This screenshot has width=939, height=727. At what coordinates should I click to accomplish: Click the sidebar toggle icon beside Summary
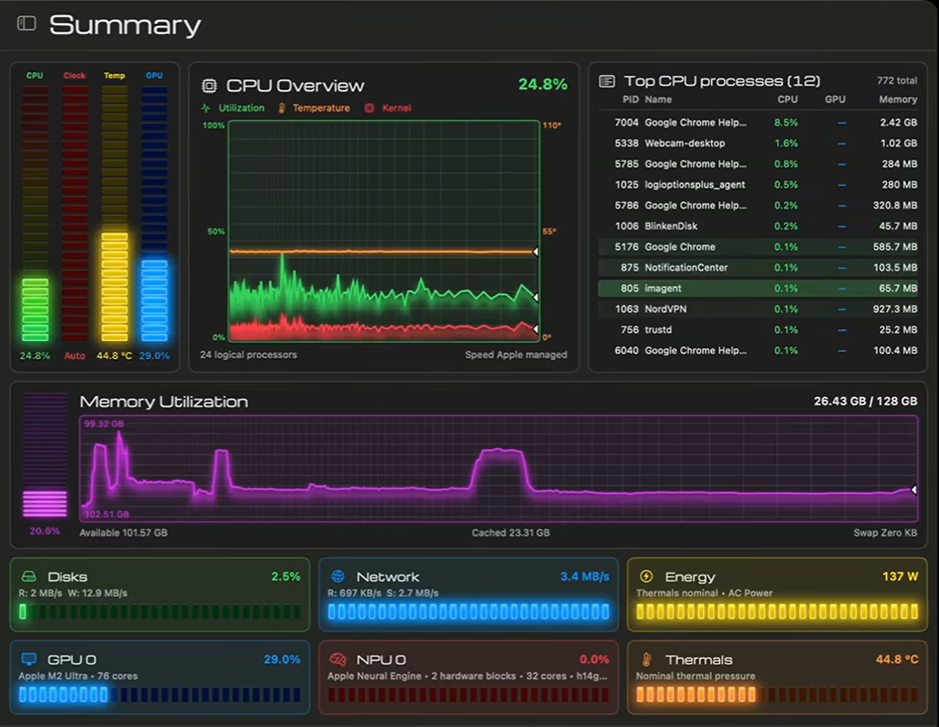(26, 23)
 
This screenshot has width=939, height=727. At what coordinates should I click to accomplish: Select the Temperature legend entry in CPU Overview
(315, 108)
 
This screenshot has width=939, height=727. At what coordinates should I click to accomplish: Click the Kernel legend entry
(388, 108)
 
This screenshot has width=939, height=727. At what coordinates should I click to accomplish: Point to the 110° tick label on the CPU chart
(552, 125)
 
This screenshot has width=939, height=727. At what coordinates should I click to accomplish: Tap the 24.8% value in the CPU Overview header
(542, 84)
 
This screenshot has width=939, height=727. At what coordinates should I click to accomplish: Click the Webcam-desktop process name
(685, 143)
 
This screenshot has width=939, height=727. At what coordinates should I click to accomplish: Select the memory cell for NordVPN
(895, 309)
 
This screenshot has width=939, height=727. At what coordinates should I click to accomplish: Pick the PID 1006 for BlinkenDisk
(626, 226)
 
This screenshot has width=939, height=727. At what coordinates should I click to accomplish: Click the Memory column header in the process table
(898, 99)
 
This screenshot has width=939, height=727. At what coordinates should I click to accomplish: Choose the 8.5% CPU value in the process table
(786, 123)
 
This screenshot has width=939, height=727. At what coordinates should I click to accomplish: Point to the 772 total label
(897, 80)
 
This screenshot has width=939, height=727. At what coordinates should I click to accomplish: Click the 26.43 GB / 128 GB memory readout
(865, 401)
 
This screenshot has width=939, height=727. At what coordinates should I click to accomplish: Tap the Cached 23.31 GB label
(510, 533)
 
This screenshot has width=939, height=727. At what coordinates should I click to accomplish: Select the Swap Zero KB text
(885, 533)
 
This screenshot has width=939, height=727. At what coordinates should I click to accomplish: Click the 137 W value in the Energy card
(900, 576)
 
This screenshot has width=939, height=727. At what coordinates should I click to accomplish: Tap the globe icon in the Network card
(338, 576)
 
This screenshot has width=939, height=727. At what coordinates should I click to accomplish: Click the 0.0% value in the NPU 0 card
(594, 659)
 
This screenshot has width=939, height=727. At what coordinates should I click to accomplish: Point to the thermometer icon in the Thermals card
(647, 659)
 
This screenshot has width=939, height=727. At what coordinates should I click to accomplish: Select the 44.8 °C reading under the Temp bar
(114, 355)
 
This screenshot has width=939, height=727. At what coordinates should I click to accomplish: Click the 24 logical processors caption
(249, 354)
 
